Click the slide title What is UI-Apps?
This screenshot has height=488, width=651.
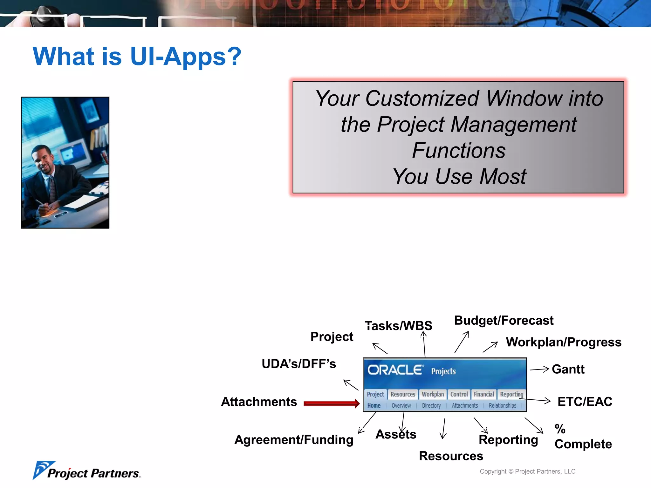[137, 57]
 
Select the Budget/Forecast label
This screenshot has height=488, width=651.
[504, 320]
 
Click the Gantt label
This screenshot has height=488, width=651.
[568, 369]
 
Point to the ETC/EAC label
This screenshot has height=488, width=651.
[585, 402]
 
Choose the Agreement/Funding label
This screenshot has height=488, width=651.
[294, 440]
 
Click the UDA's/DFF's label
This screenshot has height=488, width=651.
[298, 364]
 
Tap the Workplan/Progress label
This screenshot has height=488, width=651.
[564, 342]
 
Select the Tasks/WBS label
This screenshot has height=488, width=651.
[399, 326]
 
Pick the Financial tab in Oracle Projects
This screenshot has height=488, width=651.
[484, 394]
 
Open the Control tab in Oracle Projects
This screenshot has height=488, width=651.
[459, 394]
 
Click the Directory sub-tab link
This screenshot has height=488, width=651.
[431, 406]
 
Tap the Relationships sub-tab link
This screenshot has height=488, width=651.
[502, 406]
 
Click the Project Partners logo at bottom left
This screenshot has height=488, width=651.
[86, 471]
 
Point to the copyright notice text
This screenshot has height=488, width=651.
[527, 471]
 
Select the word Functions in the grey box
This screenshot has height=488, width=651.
[458, 150]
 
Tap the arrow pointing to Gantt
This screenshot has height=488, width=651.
[539, 369]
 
